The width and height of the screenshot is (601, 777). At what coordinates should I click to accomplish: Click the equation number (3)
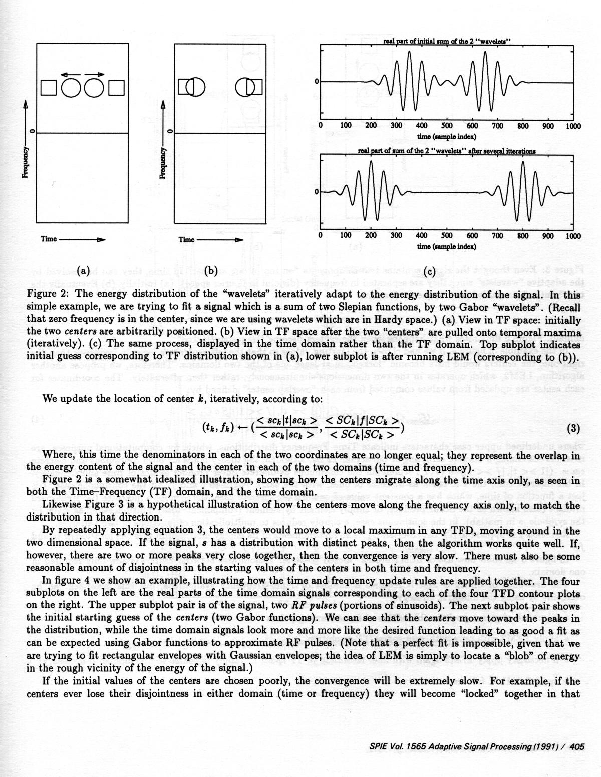tap(573, 428)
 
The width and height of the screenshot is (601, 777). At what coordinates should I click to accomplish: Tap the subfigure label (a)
tap(82, 271)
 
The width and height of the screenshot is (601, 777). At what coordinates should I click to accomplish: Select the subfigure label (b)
tap(210, 271)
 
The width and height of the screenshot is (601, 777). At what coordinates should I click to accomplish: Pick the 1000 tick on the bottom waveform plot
tap(573, 236)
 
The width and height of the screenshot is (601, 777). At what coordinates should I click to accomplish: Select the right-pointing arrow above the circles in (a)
tap(95, 74)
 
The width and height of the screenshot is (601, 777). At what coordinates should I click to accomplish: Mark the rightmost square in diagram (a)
tap(116, 87)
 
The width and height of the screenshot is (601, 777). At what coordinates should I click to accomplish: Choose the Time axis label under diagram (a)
tap(49, 239)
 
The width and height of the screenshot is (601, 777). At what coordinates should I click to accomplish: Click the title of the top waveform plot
tap(447, 41)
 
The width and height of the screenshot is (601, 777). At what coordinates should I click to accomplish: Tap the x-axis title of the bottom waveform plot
tap(447, 246)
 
